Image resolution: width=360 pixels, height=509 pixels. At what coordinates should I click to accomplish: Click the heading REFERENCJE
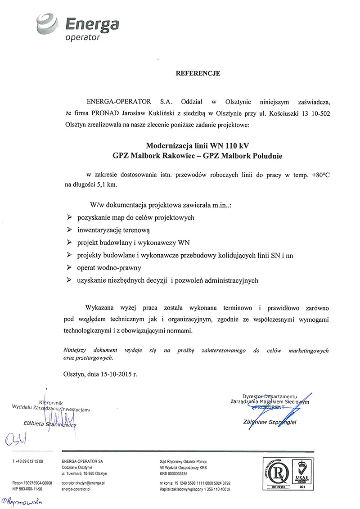point(198,73)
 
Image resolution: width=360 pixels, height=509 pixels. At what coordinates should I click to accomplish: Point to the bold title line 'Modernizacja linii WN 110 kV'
point(198,145)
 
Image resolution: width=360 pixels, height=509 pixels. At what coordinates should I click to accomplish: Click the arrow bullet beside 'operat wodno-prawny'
point(69,267)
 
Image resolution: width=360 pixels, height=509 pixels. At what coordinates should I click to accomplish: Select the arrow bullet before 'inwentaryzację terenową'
point(69,230)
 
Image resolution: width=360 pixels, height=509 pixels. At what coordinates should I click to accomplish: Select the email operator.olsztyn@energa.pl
point(83,483)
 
